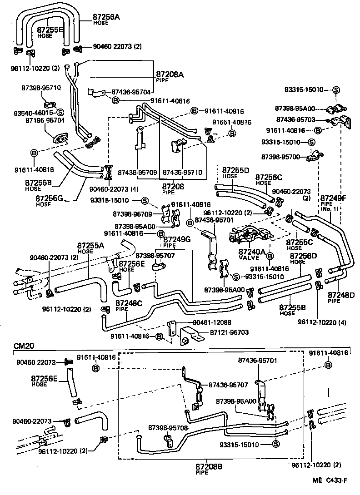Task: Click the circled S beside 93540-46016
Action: pos(60,112)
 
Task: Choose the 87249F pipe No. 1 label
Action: pos(333,198)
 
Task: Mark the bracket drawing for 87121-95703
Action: pos(188,336)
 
